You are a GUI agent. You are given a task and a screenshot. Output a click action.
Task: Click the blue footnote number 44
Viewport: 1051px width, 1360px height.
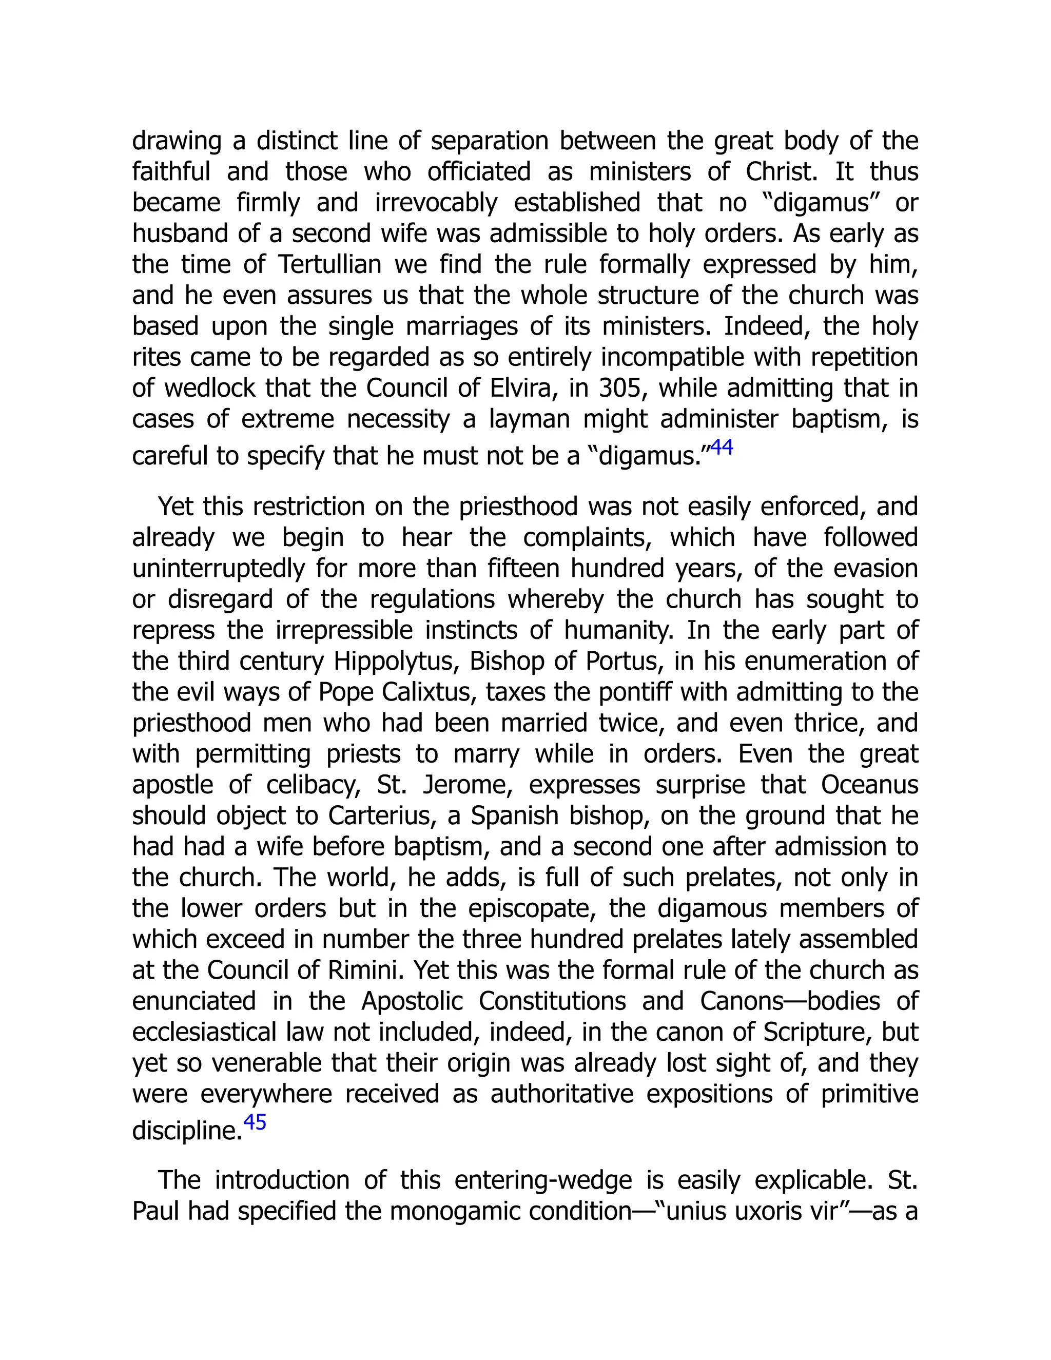722,448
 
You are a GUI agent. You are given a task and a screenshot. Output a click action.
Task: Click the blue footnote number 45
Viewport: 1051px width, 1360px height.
255,1121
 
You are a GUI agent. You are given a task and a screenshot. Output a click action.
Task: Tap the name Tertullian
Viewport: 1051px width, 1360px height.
329,265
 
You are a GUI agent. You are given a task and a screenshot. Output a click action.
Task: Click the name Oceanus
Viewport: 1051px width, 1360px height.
869,785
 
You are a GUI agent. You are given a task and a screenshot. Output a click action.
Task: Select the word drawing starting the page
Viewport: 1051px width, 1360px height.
177,141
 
